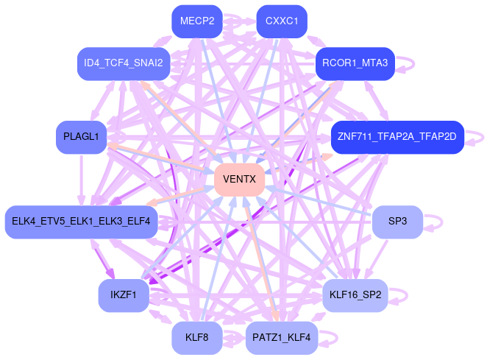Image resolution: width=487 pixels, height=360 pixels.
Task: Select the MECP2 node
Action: (x=196, y=21)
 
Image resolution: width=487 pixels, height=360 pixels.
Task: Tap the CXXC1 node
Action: (x=281, y=21)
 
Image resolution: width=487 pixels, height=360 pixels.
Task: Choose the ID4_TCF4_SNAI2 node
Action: (x=124, y=63)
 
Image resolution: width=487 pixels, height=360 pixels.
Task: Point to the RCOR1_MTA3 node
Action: (x=355, y=63)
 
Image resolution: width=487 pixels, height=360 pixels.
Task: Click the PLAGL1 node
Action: (x=81, y=137)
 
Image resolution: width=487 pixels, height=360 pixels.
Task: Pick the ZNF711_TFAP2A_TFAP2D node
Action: (x=397, y=137)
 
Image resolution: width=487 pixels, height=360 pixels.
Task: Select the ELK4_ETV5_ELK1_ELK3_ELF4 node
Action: (x=81, y=221)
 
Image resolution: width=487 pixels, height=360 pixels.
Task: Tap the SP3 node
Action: (x=397, y=221)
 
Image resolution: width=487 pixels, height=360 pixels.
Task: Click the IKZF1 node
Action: (x=124, y=295)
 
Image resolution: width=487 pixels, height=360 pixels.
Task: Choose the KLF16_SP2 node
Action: (x=355, y=295)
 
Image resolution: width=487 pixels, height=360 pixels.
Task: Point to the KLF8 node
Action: (x=196, y=338)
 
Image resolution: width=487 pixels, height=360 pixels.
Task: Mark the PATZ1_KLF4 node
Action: (x=281, y=338)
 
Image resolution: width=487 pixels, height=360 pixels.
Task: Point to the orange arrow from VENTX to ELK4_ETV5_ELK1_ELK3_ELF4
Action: (x=180, y=194)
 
